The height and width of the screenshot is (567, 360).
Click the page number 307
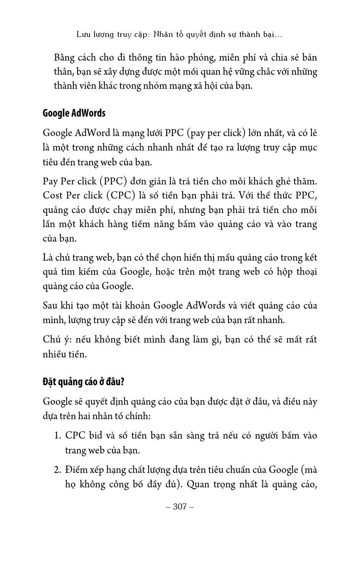tap(180, 506)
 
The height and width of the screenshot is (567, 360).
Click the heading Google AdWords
tap(74, 113)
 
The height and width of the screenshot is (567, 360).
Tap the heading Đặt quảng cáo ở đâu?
tap(83, 381)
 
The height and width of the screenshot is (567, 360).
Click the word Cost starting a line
tap(52, 195)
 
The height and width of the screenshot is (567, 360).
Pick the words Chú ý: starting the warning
tap(54, 340)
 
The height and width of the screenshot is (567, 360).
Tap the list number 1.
tap(57, 436)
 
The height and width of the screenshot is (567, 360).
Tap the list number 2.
tap(57, 470)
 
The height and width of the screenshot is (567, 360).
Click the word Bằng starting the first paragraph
tap(65, 58)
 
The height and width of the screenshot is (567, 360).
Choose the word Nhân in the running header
tap(163, 34)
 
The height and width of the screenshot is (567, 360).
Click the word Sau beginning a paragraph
tap(50, 306)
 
